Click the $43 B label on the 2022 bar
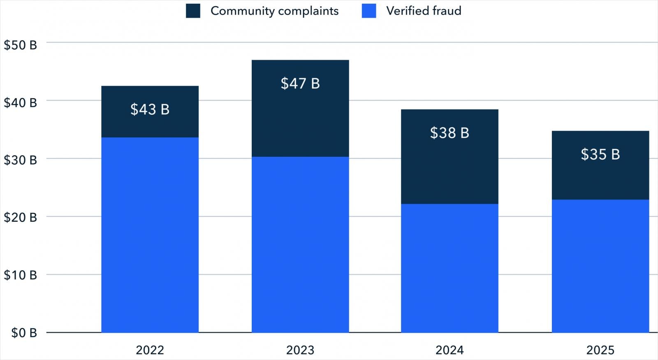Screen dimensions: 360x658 [150, 109]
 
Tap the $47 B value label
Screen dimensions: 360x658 [300, 84]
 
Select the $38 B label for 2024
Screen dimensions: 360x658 [449, 133]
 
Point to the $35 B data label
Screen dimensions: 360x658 [600, 154]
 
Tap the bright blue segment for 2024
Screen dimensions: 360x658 [449, 268]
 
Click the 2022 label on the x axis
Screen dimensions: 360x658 [150, 350]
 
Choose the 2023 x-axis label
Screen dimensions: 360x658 [300, 350]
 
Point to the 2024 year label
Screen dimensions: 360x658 [449, 350]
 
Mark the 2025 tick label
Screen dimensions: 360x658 [600, 350]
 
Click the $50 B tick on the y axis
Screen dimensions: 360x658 [21, 45]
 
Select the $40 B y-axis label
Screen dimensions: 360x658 [21, 102]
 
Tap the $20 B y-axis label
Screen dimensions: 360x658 [21, 218]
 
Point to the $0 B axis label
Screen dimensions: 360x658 [24, 333]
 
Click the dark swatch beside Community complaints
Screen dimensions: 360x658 [193, 11]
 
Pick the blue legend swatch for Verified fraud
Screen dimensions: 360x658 [369, 11]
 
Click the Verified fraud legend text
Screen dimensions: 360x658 [424, 11]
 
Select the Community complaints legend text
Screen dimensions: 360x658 [274, 11]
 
